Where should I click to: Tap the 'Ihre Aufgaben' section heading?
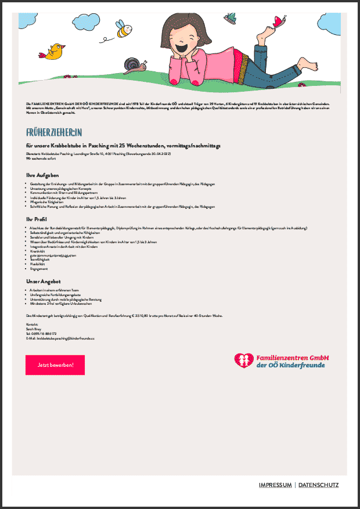[x=42, y=175]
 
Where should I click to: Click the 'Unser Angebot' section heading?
[x=43, y=281]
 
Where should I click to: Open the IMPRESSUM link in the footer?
[x=275, y=485]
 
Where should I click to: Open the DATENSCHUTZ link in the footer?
[x=318, y=485]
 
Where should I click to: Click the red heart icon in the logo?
[x=244, y=361]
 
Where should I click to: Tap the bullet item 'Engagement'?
[x=41, y=269]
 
